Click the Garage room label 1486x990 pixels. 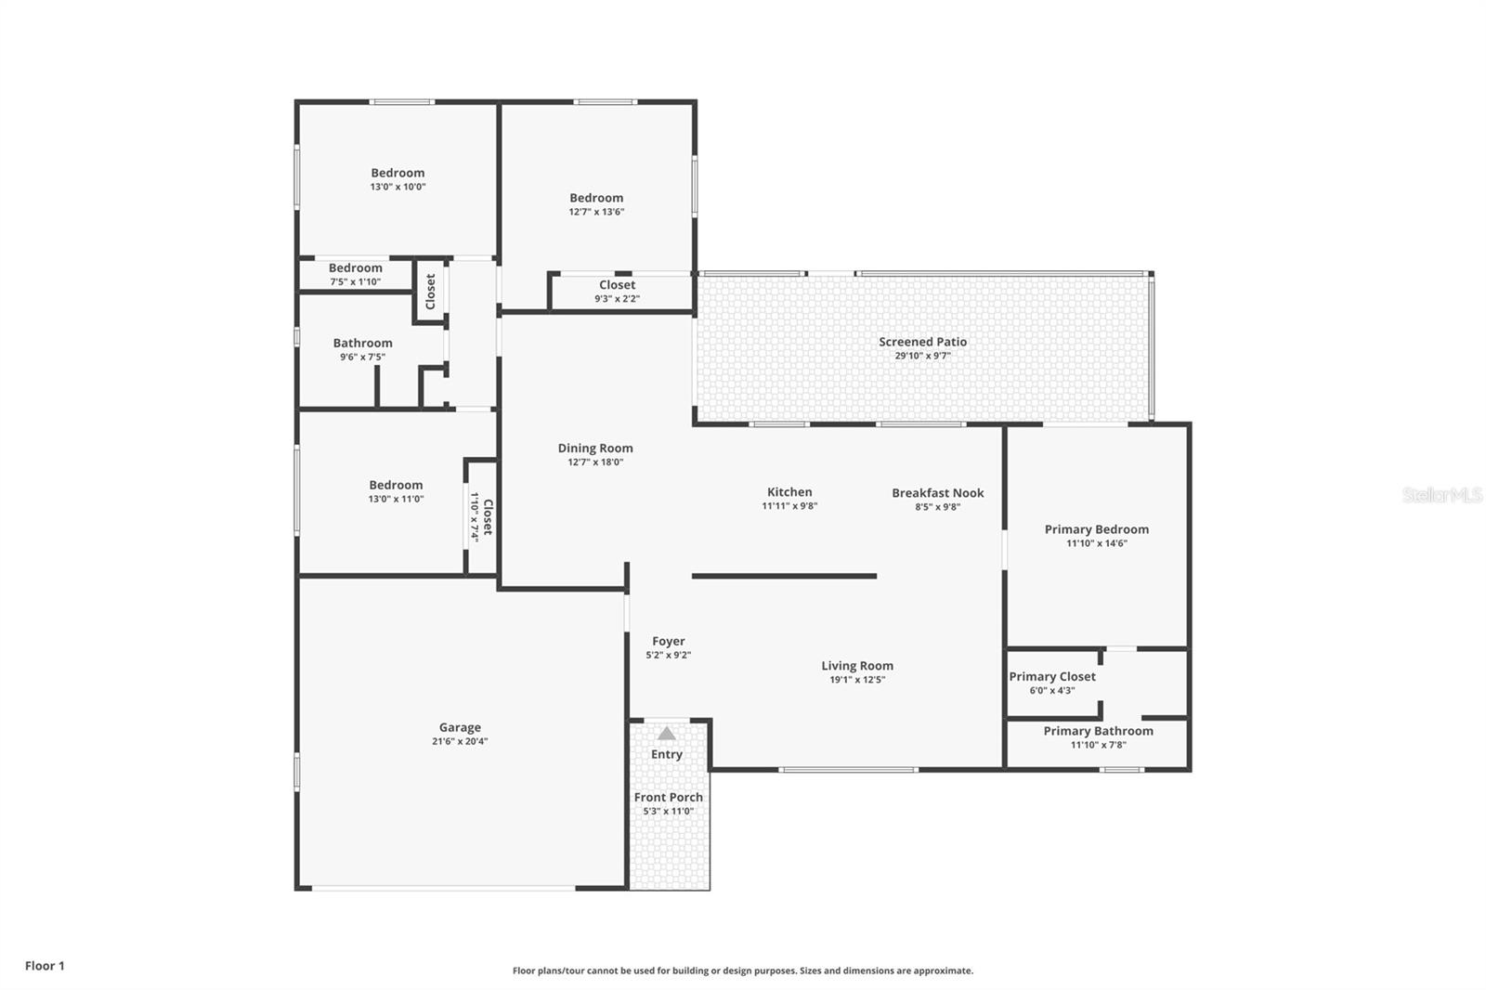tap(460, 727)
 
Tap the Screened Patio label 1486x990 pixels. tap(922, 342)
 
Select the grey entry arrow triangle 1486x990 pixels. tap(667, 734)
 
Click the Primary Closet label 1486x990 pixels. tap(1052, 676)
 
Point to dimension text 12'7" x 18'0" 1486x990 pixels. tap(595, 462)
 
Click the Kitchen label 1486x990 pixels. tap(789, 492)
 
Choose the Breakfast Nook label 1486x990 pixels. tap(937, 493)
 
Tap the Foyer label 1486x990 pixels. tap(668, 641)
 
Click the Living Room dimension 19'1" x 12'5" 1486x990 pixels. tap(857, 680)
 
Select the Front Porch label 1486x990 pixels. tap(668, 797)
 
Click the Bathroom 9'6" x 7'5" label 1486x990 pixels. tap(362, 344)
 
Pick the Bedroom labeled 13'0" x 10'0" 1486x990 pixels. tap(398, 173)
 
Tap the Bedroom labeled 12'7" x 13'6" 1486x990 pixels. tap(596, 198)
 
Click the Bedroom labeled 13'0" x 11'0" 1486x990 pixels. tap(396, 485)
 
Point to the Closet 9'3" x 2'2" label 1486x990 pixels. tap(617, 286)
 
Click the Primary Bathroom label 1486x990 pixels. tap(1098, 731)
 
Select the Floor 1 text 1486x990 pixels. tap(45, 966)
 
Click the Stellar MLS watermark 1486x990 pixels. tap(1441, 496)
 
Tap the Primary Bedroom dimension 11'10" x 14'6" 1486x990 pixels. tap(1096, 543)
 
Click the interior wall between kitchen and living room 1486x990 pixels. tap(785, 576)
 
